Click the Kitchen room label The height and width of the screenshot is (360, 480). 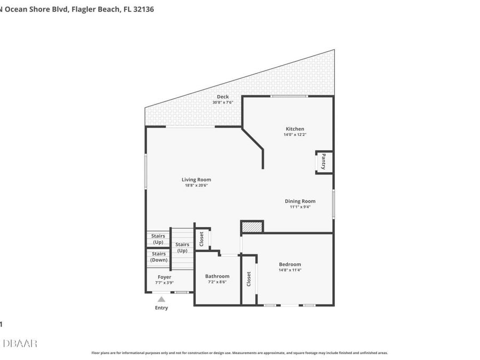coord(295,129)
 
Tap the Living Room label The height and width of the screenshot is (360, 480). coord(196,180)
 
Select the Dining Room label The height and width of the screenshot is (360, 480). coord(300,201)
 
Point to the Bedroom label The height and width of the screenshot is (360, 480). coord(290,264)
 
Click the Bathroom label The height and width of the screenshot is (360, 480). coord(217,276)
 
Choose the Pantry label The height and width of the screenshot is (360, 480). coord(323,162)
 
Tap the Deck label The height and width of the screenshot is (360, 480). coord(223,97)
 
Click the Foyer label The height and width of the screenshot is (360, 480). coord(164,277)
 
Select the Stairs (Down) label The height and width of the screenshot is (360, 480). coord(158,257)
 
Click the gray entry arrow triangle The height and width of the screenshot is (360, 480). coord(161,300)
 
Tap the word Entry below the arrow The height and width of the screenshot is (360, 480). coord(161,308)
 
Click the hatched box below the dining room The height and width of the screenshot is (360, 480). coord(252,227)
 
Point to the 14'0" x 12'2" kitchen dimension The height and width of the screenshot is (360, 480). coord(295,135)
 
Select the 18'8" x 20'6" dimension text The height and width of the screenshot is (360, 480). coord(196,186)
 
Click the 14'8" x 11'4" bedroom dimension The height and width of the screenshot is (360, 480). coord(290,270)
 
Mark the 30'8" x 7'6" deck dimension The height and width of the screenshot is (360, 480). coord(223,102)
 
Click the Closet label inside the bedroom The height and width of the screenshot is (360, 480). coord(249,279)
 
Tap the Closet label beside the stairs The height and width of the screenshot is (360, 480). coord(202,239)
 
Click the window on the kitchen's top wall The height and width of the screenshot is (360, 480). coord(289,96)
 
